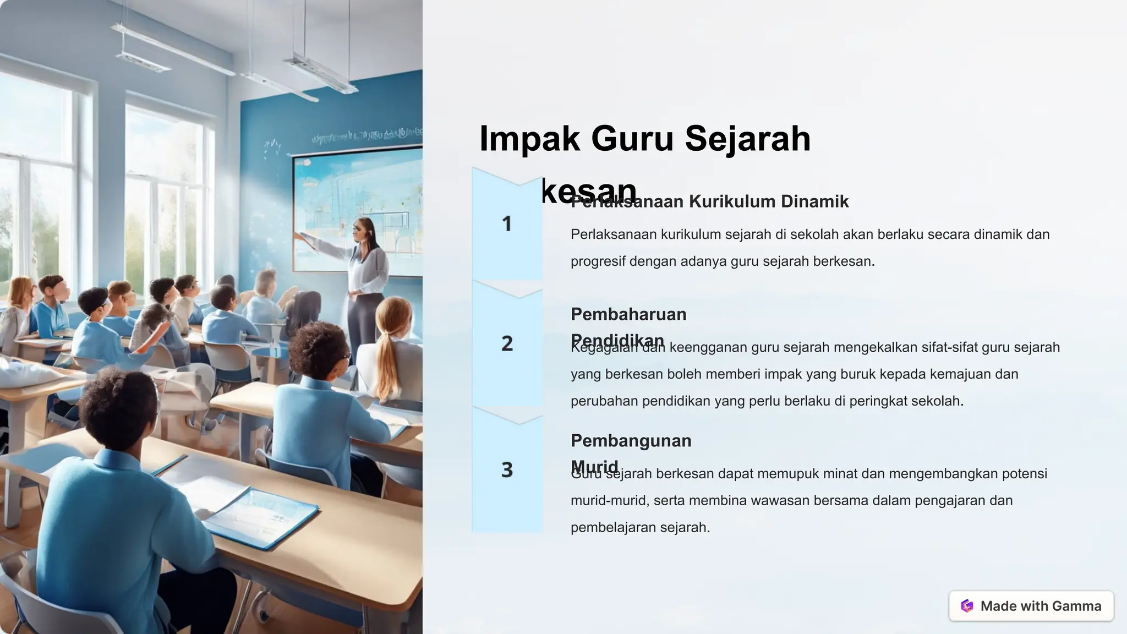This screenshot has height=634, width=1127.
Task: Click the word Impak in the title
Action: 529,139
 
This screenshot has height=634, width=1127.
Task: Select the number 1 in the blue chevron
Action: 507,224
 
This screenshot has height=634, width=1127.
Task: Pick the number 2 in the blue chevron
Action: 507,344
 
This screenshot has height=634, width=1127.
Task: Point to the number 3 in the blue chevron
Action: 507,470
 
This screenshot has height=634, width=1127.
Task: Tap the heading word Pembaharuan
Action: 628,315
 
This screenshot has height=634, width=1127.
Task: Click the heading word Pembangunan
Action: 631,441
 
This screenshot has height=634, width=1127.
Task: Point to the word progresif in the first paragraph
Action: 598,261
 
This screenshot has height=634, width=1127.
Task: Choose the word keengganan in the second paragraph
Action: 708,347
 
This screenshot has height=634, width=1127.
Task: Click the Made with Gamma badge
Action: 1031,606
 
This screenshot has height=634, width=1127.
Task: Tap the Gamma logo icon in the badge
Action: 967,606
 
